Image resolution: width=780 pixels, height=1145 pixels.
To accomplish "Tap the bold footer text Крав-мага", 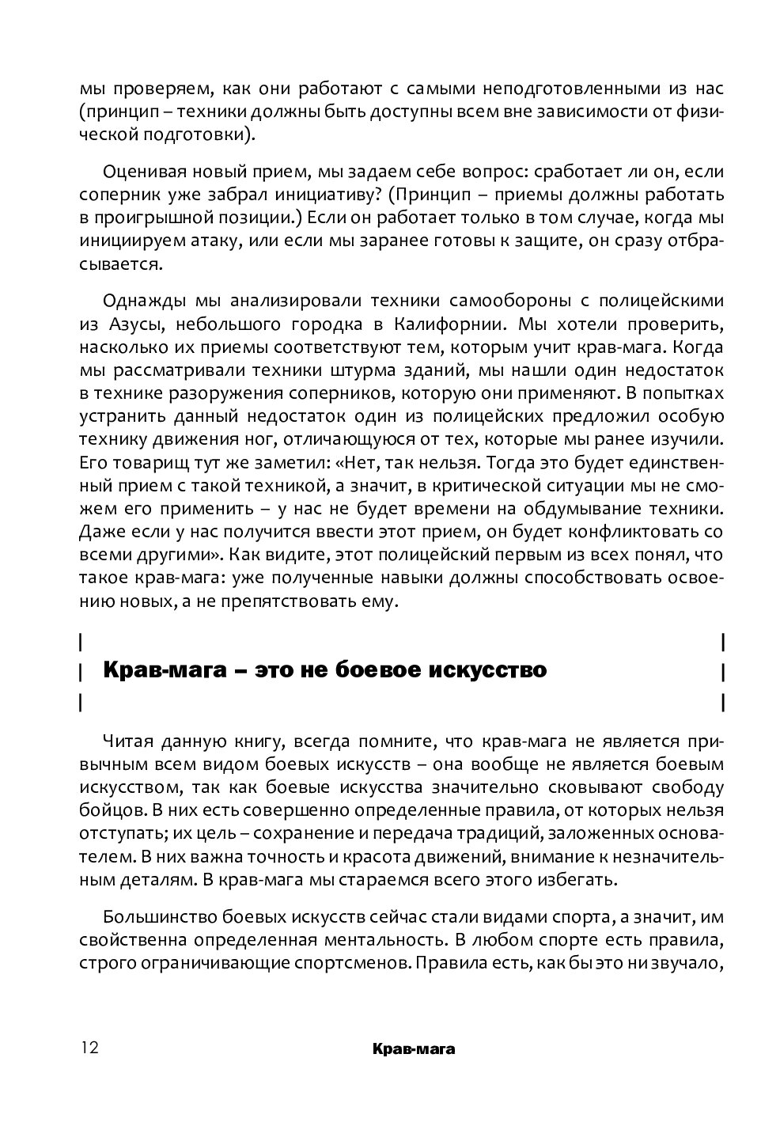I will pyautogui.click(x=416, y=1049).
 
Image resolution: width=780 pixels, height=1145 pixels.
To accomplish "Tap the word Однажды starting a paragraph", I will pyautogui.click(x=138, y=301).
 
